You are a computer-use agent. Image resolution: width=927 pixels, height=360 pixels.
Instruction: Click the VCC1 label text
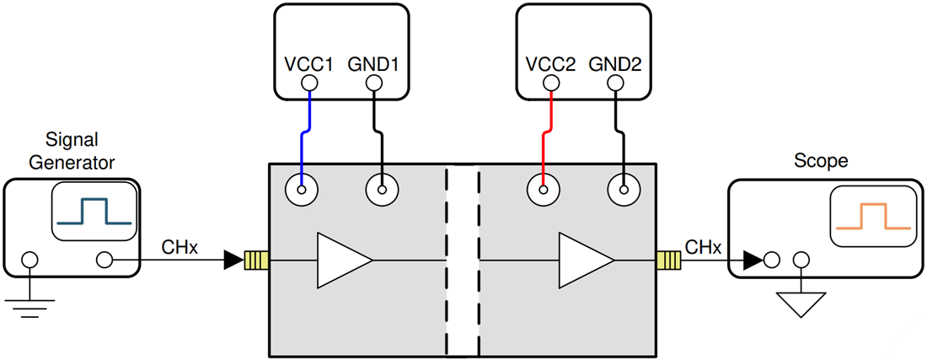[x=309, y=63]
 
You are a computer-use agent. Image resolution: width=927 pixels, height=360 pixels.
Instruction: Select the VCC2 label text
[x=550, y=63]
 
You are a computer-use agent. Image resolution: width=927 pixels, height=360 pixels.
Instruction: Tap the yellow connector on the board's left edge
[x=255, y=260]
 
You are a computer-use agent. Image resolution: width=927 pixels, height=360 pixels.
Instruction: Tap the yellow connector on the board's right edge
[x=668, y=260]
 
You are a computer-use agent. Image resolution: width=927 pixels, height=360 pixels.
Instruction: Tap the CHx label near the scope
[x=702, y=247]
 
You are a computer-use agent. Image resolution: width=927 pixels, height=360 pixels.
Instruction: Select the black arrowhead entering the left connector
[x=233, y=260]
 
